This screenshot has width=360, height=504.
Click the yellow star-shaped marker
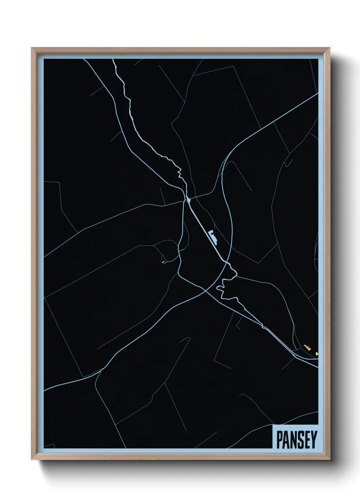click(x=317, y=354)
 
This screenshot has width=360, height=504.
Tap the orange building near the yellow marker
click(x=307, y=348)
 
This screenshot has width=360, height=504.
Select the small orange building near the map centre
click(x=163, y=262)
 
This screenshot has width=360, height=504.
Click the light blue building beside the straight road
click(x=213, y=236)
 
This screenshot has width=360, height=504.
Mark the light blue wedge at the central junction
click(x=187, y=199)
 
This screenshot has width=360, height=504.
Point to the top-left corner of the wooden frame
click(x=32, y=48)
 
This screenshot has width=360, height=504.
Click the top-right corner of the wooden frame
click(x=330, y=48)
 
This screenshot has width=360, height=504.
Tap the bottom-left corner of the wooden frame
click(x=32, y=459)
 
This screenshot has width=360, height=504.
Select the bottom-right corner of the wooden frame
click(x=330, y=459)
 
